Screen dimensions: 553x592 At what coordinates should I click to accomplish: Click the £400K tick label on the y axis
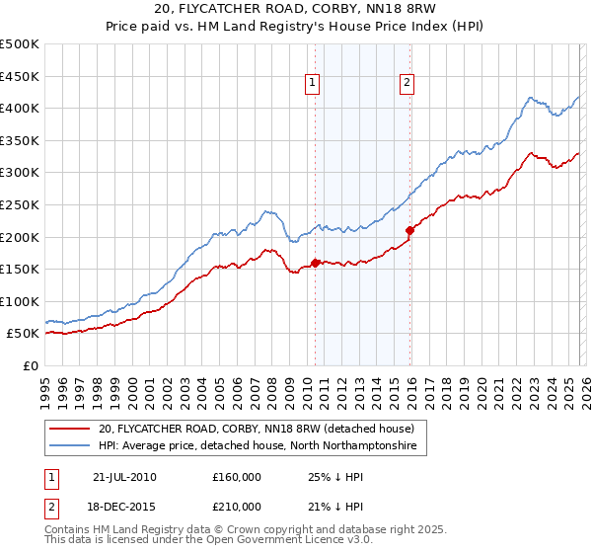pyautogui.click(x=20, y=108)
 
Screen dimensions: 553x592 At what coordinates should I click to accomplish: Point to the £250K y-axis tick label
pyautogui.click(x=20, y=204)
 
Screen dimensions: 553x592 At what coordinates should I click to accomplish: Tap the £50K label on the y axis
pyautogui.click(x=24, y=334)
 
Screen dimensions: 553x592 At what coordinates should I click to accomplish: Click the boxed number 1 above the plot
pyautogui.click(x=312, y=84)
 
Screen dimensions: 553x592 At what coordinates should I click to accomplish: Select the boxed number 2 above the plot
pyautogui.click(x=407, y=84)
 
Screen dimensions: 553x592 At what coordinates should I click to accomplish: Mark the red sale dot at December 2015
pyautogui.click(x=409, y=230)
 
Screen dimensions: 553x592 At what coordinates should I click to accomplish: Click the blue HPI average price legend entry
pyautogui.click(x=258, y=446)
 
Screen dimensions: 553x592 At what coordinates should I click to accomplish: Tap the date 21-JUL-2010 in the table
pyautogui.click(x=124, y=476)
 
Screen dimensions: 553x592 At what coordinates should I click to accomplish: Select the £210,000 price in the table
pyautogui.click(x=237, y=506)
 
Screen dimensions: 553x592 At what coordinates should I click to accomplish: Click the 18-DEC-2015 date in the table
pyautogui.click(x=124, y=506)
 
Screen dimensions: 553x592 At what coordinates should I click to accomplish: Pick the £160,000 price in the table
pyautogui.click(x=237, y=476)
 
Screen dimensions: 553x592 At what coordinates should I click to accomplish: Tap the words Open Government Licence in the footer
pyautogui.click(x=253, y=542)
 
